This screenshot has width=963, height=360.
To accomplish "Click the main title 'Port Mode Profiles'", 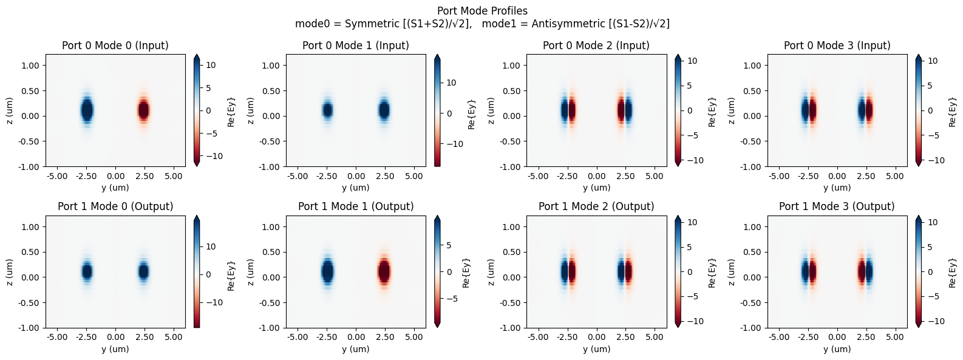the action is [482, 11].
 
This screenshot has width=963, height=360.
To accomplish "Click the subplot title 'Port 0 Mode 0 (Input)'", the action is [115, 46].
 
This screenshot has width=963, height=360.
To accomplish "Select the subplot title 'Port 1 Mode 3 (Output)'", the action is [837, 206].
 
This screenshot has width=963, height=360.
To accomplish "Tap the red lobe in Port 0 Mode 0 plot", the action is [143, 110].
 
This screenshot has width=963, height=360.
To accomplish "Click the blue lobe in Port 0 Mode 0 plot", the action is [87, 110].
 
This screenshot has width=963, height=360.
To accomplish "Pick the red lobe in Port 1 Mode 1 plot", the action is [384, 271].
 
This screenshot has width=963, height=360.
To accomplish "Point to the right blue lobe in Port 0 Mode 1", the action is [384, 110].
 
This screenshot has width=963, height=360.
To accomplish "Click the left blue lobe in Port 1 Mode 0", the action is [87, 271].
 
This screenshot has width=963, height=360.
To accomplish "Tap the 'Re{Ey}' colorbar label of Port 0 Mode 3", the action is [952, 112].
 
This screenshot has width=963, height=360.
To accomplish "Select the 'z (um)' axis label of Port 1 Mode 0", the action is [10, 272].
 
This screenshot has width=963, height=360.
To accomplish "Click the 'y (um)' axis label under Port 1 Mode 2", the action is [596, 349].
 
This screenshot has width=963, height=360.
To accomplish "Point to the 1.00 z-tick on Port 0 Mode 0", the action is [30, 66].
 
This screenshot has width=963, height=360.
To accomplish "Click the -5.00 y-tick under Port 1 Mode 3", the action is [779, 337].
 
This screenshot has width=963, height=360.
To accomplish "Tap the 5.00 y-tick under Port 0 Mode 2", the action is [655, 176].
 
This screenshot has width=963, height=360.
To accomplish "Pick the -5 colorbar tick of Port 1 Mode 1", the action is [451, 299].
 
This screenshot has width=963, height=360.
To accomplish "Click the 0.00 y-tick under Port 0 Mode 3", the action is [837, 176].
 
